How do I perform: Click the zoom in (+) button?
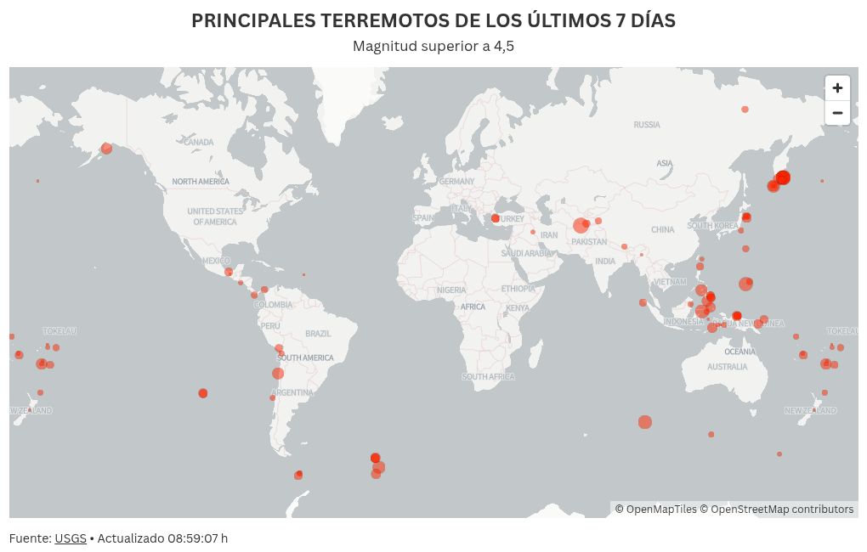pos(837,88)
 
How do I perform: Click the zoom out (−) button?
pos(837,113)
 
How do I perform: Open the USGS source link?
pos(71,538)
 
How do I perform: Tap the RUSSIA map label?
pos(647,125)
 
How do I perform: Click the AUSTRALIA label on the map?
pos(728,367)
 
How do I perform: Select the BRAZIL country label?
pos(318,334)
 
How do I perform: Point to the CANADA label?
pos(199,143)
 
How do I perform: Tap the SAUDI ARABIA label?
pos(527,253)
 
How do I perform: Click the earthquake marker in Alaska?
pos(106,149)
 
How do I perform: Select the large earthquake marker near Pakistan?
pos(581,225)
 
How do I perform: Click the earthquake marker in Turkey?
pos(496,218)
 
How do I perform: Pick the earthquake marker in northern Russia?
pos(745,110)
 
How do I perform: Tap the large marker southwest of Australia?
pos(645,422)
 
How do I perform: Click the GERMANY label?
pos(457,181)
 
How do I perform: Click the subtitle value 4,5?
pos(504,46)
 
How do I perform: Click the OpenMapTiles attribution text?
pos(655,510)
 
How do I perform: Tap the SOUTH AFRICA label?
pos(488,376)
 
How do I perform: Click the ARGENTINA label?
pos(292,392)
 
